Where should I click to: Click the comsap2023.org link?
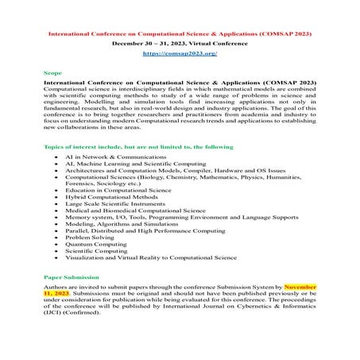click(x=179, y=53)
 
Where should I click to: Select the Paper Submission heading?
click(x=71, y=277)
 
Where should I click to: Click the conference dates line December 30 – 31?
click(x=180, y=44)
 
